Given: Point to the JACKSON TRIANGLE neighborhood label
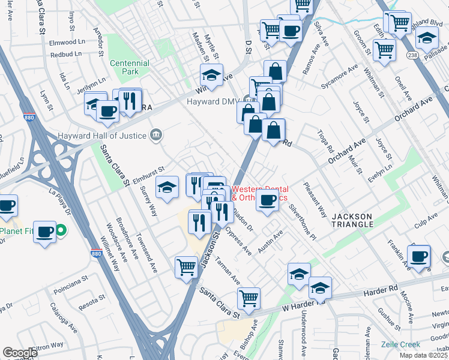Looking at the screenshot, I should (x=353, y=220).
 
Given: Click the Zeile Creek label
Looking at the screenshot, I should (x=400, y=344).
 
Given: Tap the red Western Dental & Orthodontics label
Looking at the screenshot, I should (x=259, y=193).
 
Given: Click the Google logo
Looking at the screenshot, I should (x=20, y=353).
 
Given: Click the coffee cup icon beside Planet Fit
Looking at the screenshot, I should (x=46, y=232).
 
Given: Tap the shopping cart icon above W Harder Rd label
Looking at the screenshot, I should (x=248, y=298).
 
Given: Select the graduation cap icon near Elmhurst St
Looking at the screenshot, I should (x=167, y=187).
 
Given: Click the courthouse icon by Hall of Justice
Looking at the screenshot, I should (x=156, y=134).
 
